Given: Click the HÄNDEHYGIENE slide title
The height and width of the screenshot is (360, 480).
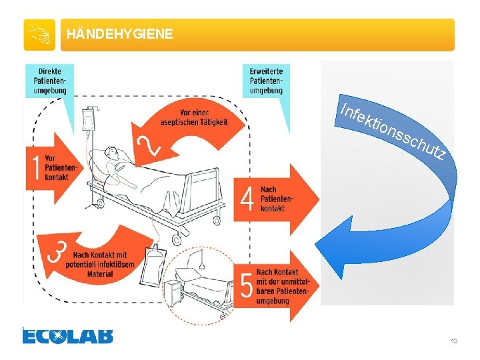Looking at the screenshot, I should point(120,34).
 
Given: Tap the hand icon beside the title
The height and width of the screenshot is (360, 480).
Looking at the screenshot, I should point(39,35).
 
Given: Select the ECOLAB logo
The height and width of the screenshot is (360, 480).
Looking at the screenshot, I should point(67,335).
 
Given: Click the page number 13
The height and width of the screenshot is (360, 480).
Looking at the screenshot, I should point(454,341).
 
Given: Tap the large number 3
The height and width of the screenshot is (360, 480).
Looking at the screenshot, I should point(58,253).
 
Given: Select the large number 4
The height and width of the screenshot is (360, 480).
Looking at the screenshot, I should point(247,198).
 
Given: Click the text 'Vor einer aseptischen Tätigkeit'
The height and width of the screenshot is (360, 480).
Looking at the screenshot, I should point(195,117).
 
